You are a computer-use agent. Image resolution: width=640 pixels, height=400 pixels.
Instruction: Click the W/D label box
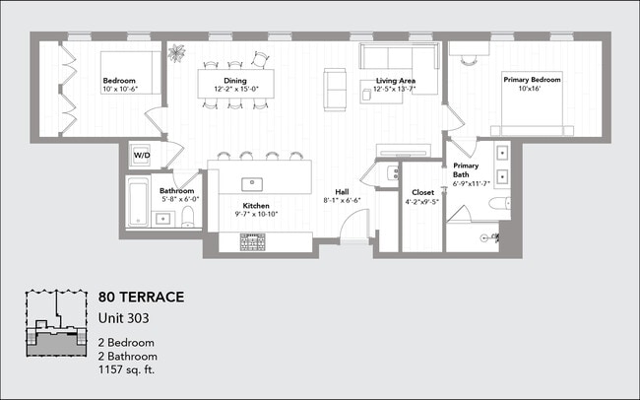[141, 155]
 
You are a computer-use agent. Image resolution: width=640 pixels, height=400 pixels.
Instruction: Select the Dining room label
[234, 85]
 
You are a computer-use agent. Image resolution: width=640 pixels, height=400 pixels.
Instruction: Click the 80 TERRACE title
[141, 297]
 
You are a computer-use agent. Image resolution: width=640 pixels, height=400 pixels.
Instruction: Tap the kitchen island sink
[252, 182]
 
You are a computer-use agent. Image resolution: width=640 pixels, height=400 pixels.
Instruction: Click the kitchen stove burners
[255, 238]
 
